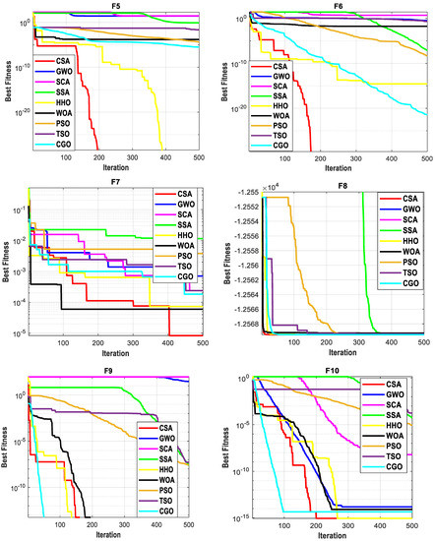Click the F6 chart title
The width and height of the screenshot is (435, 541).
tap(338, 5)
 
